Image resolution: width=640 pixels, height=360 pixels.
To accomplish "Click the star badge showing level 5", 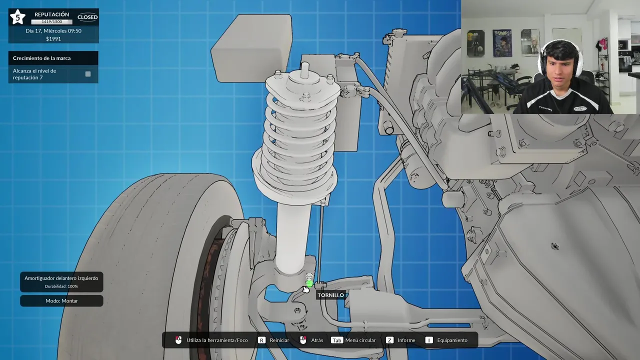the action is point(17,17).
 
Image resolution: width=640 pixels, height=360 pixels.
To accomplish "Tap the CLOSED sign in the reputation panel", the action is point(87,17).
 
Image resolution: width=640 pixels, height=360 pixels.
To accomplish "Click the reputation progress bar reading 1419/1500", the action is point(51,21).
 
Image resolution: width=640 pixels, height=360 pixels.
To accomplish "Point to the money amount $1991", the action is point(53,39).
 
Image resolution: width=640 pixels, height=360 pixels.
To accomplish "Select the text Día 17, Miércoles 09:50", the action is point(53,31).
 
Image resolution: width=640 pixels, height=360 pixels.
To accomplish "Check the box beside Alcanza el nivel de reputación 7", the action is point(88,74).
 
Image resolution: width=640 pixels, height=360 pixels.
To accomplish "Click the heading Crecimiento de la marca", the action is point(41,58).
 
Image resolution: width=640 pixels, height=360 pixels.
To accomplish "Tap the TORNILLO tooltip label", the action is point(331,295).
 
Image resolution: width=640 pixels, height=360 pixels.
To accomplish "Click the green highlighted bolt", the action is point(309,283).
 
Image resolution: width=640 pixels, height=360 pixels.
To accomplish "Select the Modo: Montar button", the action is point(61,301).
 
